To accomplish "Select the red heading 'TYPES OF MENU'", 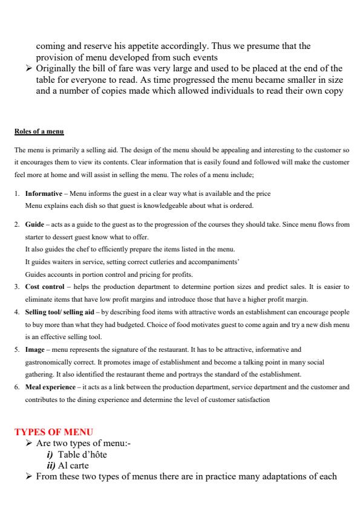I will coord(54,432).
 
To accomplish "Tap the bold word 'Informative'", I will coord(44,193).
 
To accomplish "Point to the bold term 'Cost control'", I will coord(41,287).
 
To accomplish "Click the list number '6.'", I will coord(17,387).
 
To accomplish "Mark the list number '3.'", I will coord(17,287).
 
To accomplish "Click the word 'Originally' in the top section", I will coord(57,68).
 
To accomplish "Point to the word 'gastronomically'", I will coord(46,362).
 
